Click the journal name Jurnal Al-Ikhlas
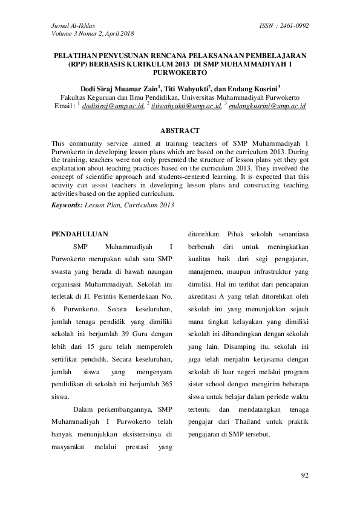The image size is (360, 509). click(69, 25)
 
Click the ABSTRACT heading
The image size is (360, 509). click(180, 131)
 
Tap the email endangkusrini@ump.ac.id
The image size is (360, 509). click(266, 106)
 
